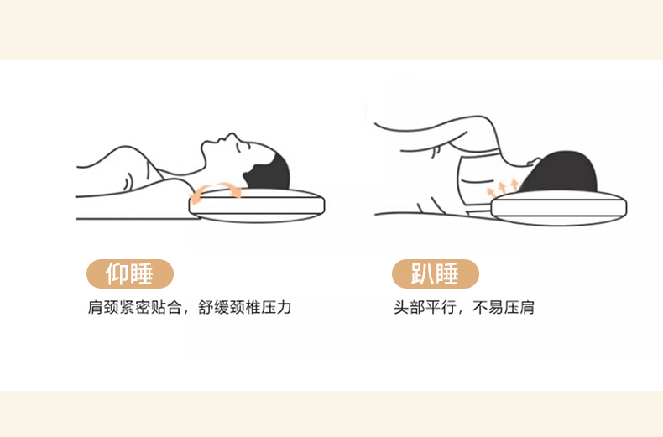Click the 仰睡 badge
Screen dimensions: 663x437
130,274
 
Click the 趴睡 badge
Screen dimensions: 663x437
436,274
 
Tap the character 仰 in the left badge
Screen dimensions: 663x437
117,274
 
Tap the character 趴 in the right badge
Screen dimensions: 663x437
423,274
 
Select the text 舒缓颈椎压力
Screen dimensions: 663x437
244,307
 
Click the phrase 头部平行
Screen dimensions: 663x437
425,307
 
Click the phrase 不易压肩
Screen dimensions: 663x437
504,307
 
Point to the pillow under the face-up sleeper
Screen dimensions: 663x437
257,205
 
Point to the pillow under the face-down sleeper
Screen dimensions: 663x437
559,208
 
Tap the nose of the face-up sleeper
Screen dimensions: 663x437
232,136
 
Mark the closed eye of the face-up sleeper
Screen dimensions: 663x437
242,148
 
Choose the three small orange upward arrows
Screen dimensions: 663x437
503,187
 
